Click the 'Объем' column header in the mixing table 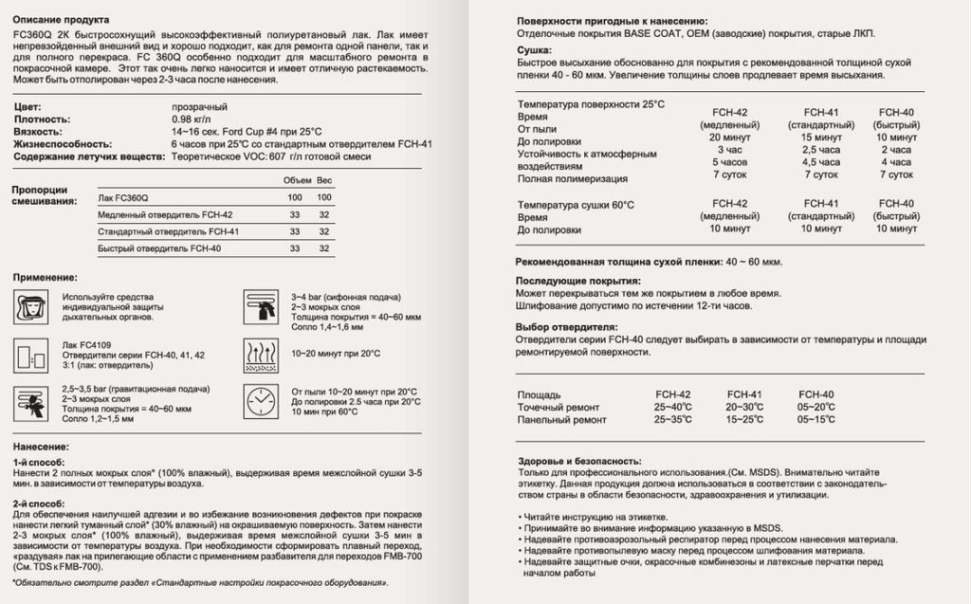click(295, 180)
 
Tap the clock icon click(259, 402)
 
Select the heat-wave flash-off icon click(259, 354)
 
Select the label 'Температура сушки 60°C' click(576, 205)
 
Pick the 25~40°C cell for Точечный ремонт click(672, 407)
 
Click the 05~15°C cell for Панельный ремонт click(816, 419)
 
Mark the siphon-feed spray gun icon click(259, 306)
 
